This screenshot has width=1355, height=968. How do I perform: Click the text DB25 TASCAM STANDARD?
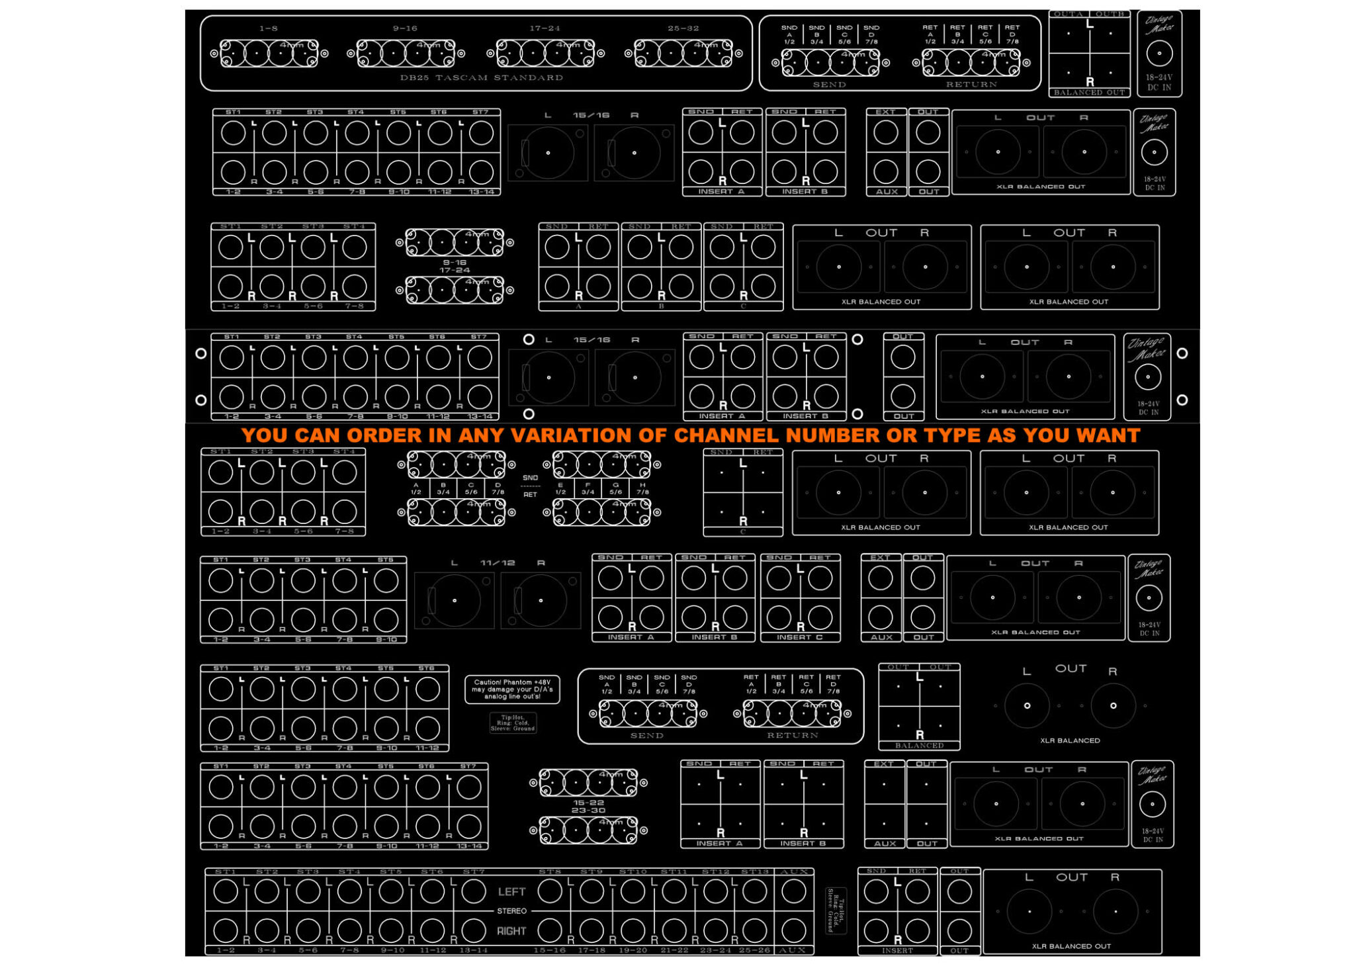[x=481, y=77]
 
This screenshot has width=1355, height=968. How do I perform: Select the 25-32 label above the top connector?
[x=683, y=28]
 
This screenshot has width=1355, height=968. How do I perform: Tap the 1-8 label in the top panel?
[x=269, y=28]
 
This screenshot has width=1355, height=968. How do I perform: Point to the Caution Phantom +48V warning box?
[x=512, y=689]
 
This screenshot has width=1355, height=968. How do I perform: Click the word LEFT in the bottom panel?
[x=511, y=891]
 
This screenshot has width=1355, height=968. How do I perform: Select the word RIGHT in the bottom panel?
[x=511, y=931]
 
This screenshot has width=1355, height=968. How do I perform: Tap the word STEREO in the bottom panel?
[x=511, y=911]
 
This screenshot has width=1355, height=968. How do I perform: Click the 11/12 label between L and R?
[x=498, y=563]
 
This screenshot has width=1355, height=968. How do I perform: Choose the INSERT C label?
[x=800, y=637]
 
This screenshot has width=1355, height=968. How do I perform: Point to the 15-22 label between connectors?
[x=588, y=803]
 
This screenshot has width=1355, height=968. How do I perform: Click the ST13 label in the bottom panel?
[x=755, y=872]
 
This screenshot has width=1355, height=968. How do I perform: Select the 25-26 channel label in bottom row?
[x=755, y=950]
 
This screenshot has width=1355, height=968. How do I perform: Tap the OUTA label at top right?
[x=1068, y=14]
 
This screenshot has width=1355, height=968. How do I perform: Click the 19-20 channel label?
[x=633, y=950]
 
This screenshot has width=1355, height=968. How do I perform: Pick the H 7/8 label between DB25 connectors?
[x=642, y=488]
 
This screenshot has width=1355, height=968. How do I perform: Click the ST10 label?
[x=633, y=872]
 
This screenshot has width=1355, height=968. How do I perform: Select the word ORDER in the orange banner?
[x=384, y=435]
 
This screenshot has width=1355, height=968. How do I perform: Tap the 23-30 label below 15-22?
[x=588, y=811]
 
